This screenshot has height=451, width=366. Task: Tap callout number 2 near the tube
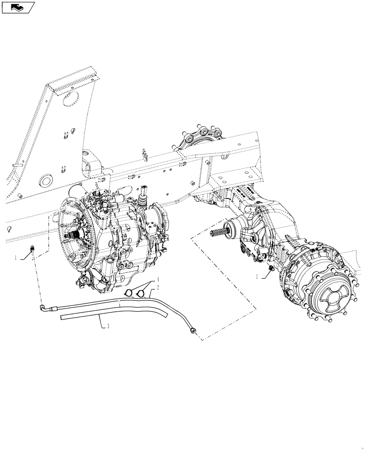coord(158,287)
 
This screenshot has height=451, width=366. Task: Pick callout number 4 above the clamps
coord(158,280)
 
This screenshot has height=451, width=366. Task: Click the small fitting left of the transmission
coord(32,248)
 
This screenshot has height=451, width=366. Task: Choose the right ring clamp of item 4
coord(140,293)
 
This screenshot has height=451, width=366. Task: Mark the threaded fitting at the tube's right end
coord(193,331)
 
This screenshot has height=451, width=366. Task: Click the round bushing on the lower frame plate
coord(45,181)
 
